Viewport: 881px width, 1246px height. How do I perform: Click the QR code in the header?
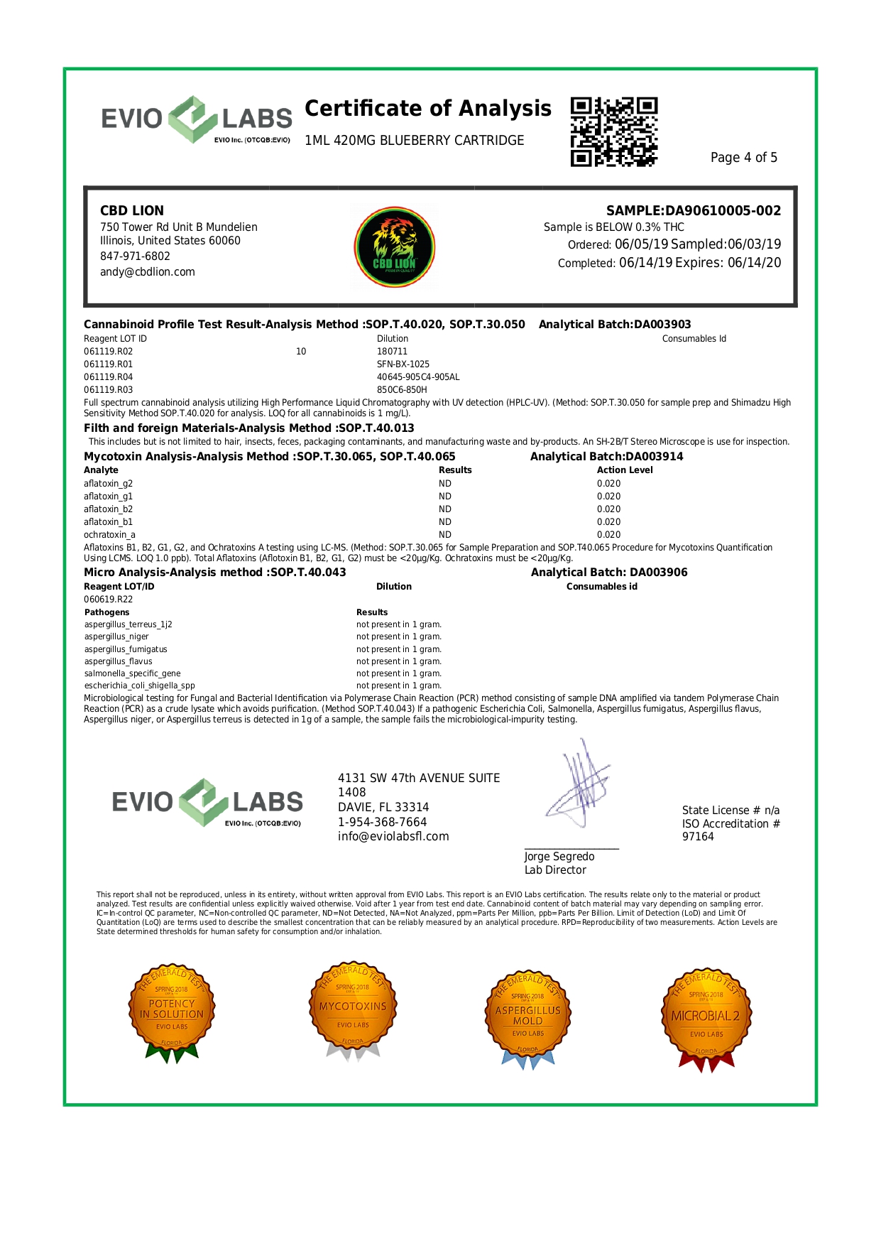tap(614, 132)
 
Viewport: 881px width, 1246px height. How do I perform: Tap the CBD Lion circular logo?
tap(395, 247)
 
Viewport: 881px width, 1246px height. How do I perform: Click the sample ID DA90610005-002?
tap(723, 210)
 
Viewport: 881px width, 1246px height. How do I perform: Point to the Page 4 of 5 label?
tap(743, 157)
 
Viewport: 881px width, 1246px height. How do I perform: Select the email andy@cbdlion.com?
tap(147, 271)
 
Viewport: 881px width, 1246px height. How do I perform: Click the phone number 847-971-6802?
tap(135, 256)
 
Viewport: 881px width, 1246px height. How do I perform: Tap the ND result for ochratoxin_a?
tap(445, 534)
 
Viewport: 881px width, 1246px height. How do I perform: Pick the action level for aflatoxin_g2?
tap(608, 483)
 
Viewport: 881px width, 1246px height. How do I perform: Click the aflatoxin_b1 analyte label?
tap(108, 521)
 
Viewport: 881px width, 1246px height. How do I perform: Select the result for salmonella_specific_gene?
tap(398, 673)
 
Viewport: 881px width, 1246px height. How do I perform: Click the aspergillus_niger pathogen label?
tap(116, 636)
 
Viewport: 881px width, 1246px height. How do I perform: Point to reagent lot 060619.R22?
tap(108, 599)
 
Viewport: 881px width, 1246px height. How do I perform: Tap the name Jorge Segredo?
tap(559, 857)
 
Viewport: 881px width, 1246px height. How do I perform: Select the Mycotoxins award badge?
tap(353, 1009)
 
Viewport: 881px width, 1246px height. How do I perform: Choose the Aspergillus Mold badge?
tap(528, 1016)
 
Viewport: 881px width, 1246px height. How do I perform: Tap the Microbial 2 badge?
tap(706, 1016)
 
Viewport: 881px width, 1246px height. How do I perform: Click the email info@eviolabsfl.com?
tap(393, 836)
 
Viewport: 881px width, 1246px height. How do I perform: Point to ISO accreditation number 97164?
tap(698, 837)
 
